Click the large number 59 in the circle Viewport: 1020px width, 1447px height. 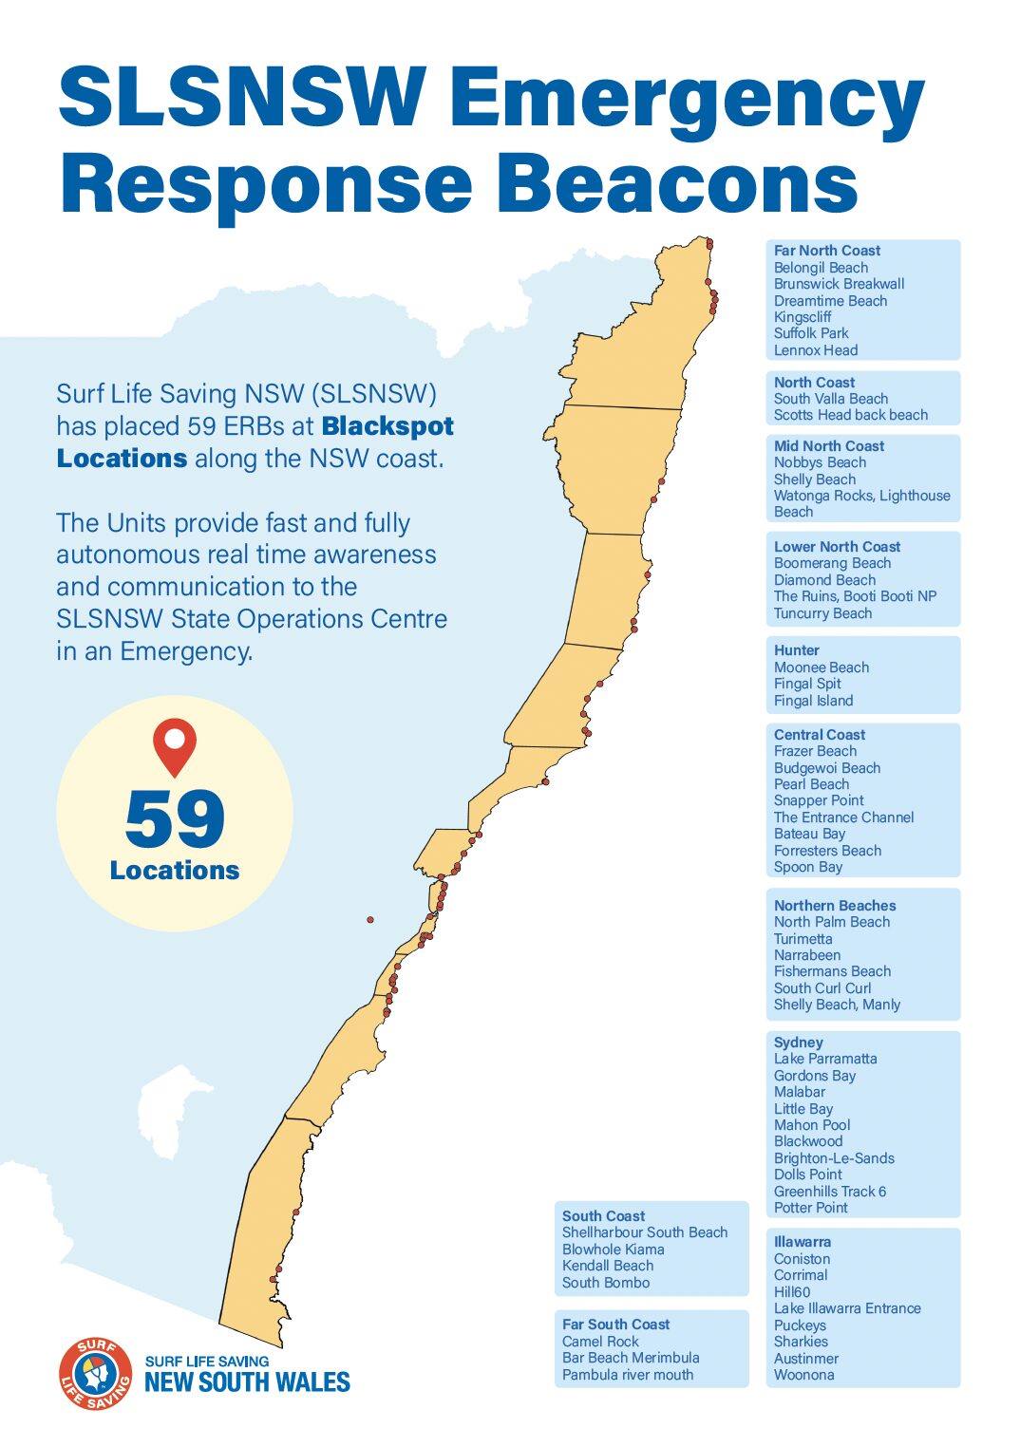(175, 818)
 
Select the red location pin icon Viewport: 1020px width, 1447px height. (175, 746)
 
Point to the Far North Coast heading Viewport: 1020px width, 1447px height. (826, 251)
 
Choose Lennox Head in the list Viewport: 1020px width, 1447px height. (815, 350)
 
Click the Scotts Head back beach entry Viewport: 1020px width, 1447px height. (850, 415)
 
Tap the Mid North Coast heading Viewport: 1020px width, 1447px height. (828, 446)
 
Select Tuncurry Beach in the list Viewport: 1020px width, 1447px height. (822, 613)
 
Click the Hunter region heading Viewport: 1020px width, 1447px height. (796, 650)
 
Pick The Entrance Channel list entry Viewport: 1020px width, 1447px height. (843, 817)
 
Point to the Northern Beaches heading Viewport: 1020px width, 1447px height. (834, 906)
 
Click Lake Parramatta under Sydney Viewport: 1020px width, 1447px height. (824, 1059)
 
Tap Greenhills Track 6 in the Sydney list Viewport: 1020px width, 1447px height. (829, 1192)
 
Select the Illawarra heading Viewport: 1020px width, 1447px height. (802, 1242)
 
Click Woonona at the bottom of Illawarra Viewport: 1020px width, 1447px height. (803, 1375)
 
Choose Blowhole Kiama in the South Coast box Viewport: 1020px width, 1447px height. (613, 1250)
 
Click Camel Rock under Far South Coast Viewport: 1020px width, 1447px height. (600, 1342)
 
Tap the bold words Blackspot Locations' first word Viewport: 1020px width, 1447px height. (387, 426)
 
